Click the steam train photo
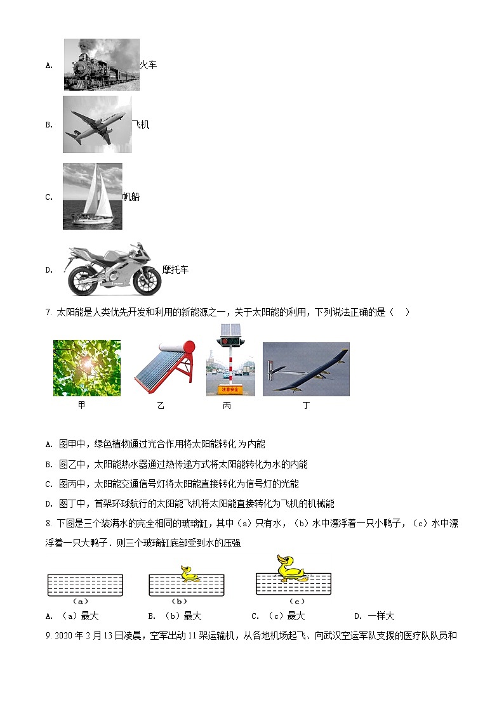pos(102,65)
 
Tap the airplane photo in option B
pos(97,124)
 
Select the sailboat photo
pos(93,196)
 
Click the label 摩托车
pos(175,269)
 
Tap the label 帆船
pos(131,197)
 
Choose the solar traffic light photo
pos(230,360)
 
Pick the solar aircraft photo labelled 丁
pos(306,370)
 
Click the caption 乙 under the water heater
pos(161,406)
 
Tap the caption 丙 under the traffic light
pos(227,406)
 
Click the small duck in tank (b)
pos(189,574)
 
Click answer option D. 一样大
pos(375,616)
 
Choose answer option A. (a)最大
pos(73,616)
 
